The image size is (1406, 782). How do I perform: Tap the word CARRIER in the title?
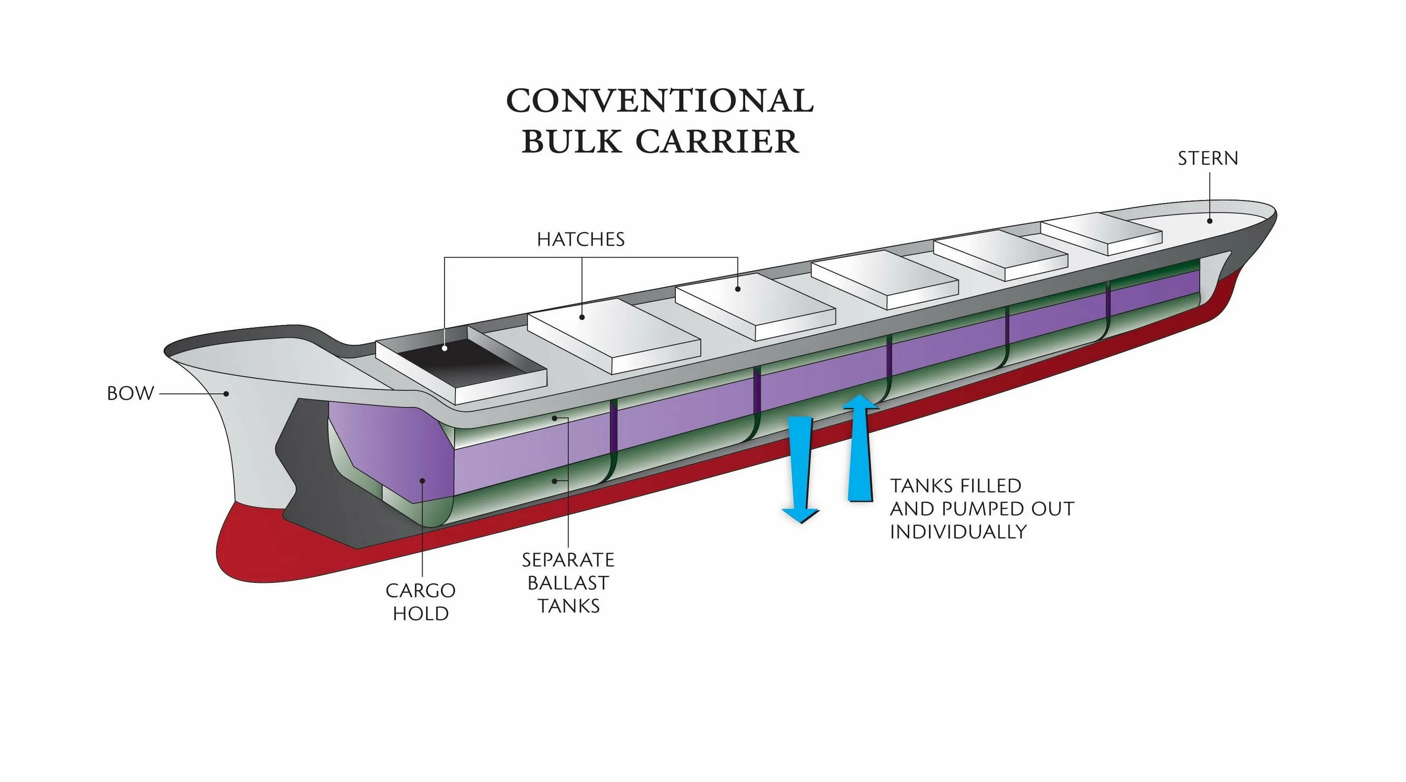pos(717,142)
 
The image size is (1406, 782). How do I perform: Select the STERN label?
pos(1207,158)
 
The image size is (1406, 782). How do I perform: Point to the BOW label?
pos(130,394)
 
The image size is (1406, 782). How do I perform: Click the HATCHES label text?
pos(581,239)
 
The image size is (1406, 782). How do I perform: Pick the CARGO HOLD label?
pos(420,602)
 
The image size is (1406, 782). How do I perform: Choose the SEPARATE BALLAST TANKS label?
pos(568,583)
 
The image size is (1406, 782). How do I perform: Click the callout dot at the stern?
pos(1210,221)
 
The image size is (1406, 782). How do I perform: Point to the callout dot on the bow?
pos(226,394)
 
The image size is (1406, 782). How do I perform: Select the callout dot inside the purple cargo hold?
pos(422,480)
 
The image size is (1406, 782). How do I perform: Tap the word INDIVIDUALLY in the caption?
pos(958,531)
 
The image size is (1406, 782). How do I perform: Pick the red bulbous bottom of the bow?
pos(256,546)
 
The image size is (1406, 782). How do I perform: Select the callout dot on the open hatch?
pos(445,348)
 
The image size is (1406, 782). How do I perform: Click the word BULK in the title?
pos(571,142)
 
